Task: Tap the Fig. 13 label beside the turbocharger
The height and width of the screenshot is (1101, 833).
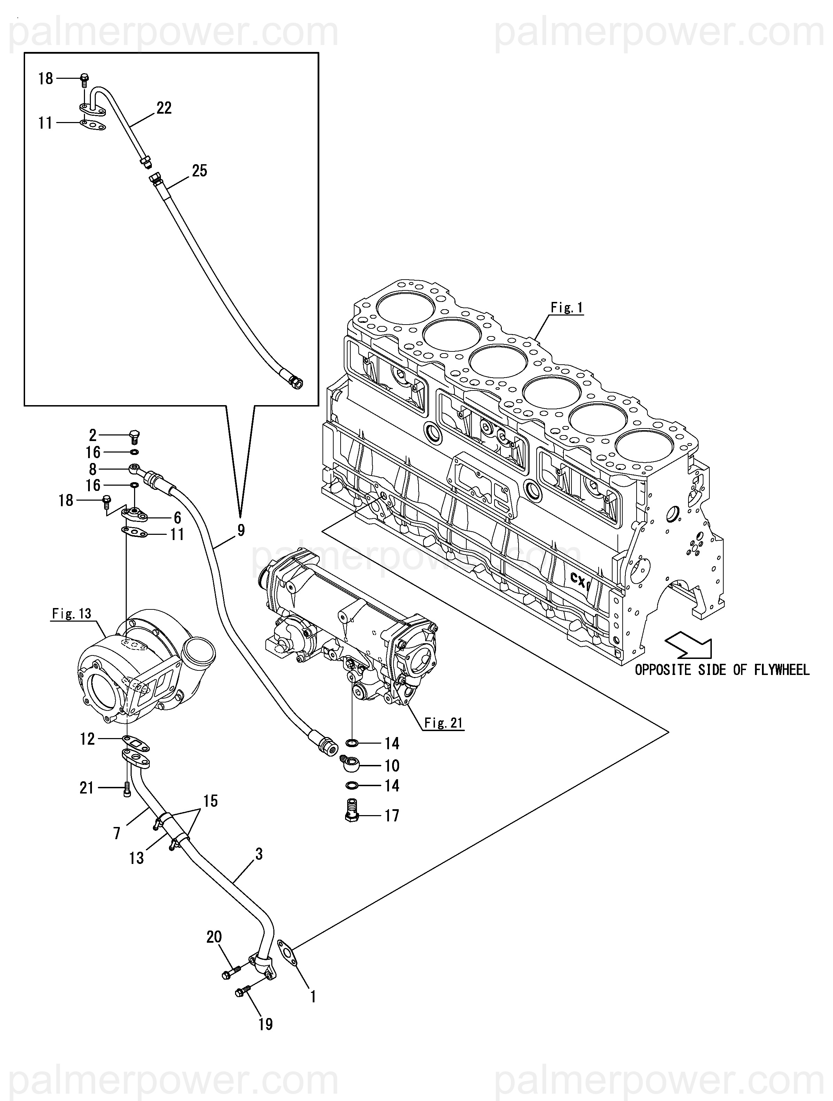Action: (72, 613)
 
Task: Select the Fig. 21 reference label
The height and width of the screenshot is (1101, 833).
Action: (444, 723)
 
